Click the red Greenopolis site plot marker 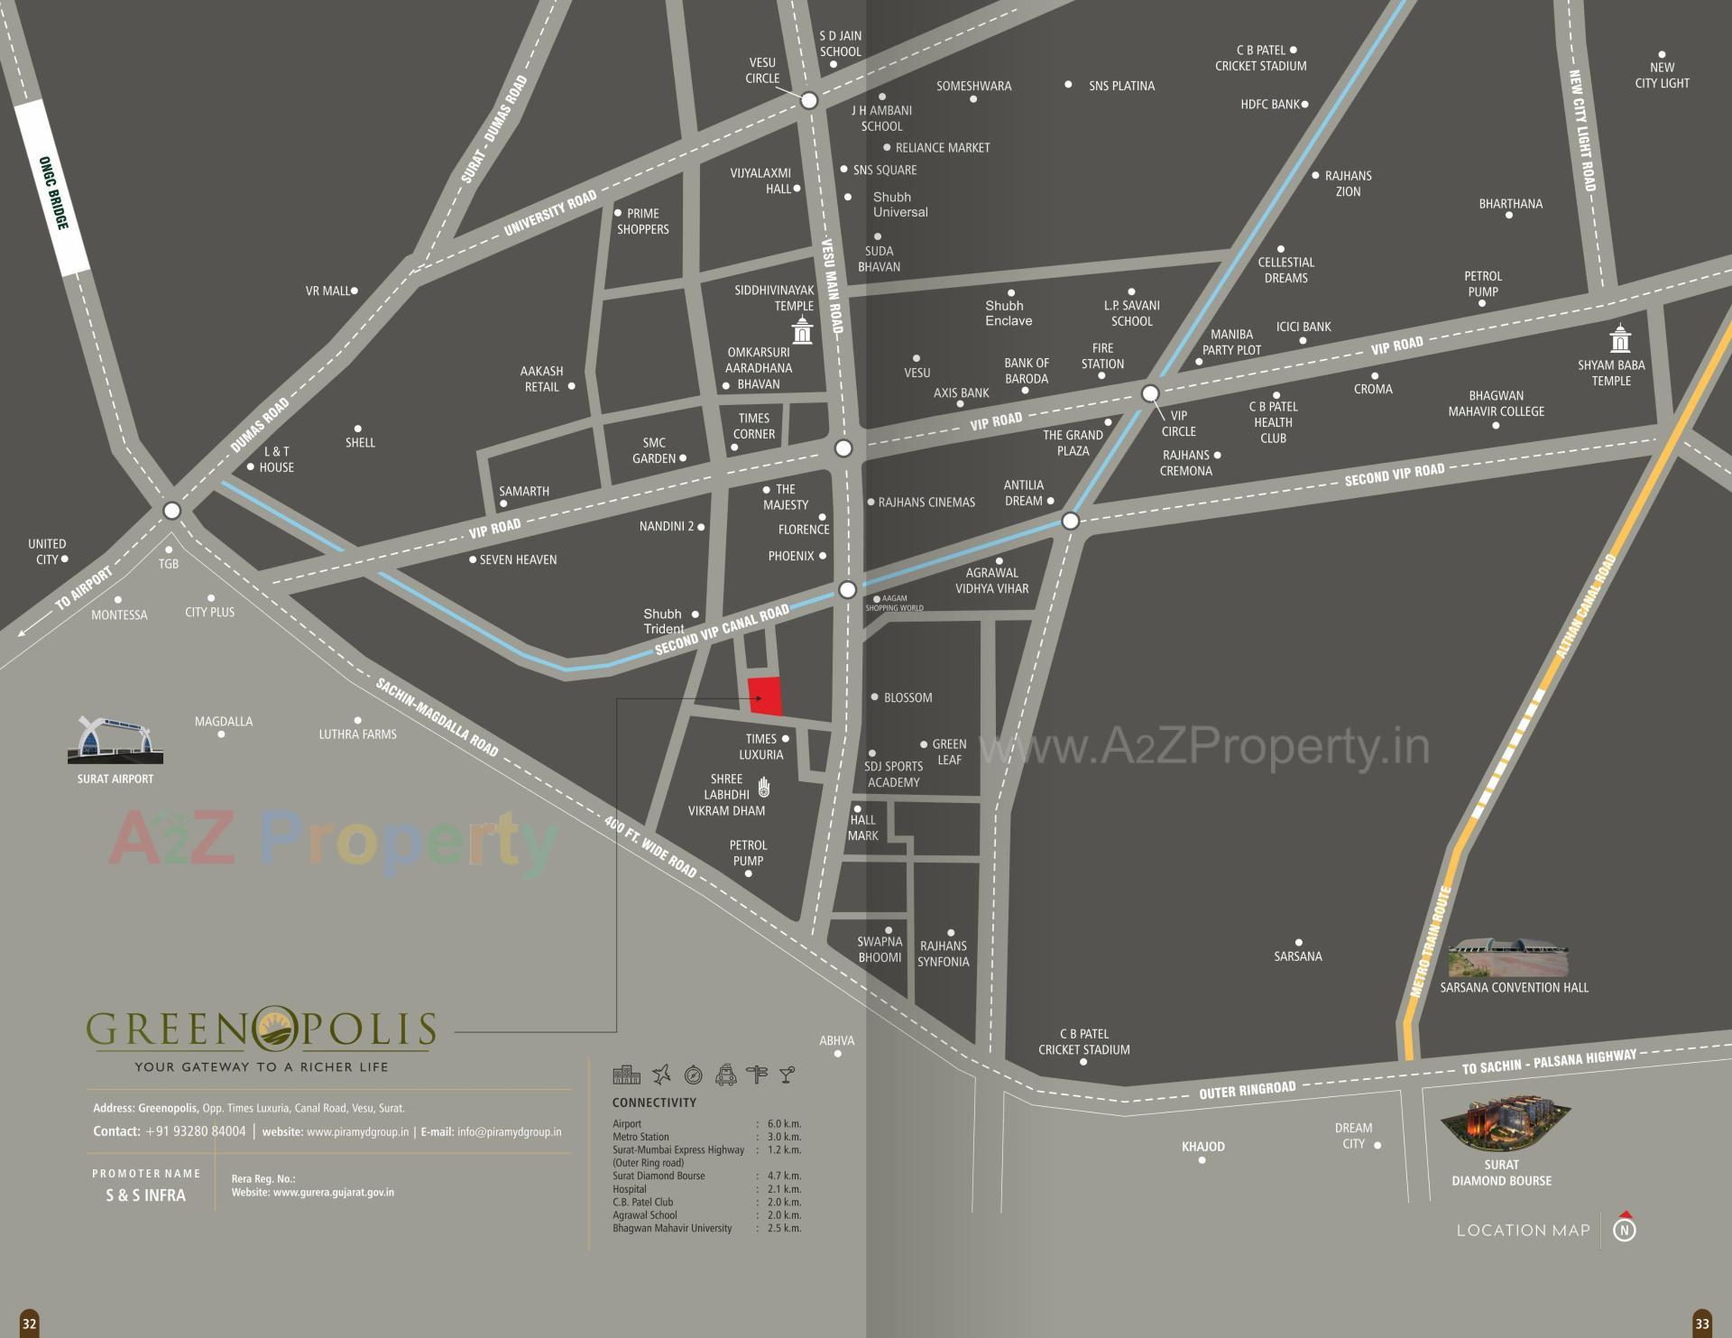[x=766, y=696]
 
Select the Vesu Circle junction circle [x=809, y=100]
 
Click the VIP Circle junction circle [x=1150, y=393]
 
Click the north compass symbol [x=1625, y=1228]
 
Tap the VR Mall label [x=327, y=291]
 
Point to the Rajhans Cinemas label [x=926, y=503]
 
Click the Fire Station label [x=1102, y=356]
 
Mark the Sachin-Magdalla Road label [x=437, y=717]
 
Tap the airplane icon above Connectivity [x=661, y=1074]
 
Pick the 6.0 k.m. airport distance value [x=784, y=1124]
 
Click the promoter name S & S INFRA [x=145, y=1195]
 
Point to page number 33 [x=1701, y=1324]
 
